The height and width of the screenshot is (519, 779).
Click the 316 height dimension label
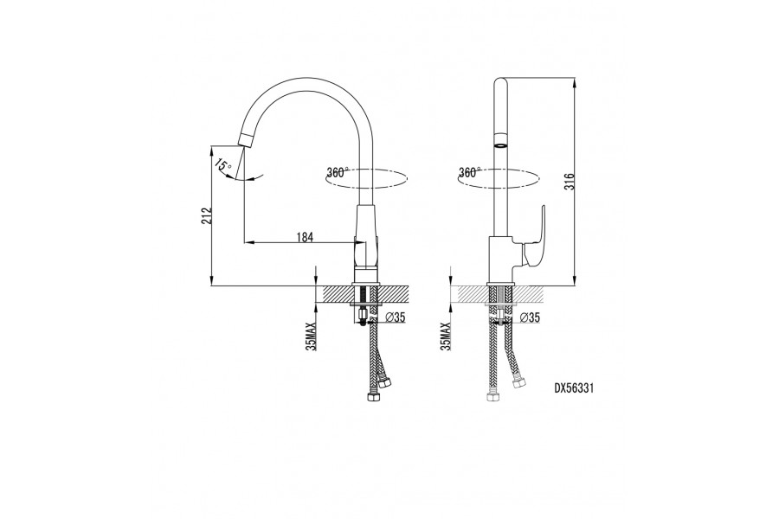coord(570,182)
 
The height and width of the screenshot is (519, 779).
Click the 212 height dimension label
coord(207,216)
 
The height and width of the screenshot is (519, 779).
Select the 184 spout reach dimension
coord(305,237)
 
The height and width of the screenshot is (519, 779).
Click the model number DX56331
coord(574,388)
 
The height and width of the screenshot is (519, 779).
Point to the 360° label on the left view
coord(338,172)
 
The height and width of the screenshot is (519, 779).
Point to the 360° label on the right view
coord(469,172)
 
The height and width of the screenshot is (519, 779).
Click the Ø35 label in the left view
coord(395,317)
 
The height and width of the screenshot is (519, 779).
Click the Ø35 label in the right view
coord(530,317)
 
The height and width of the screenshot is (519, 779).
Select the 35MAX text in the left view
coord(311,336)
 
